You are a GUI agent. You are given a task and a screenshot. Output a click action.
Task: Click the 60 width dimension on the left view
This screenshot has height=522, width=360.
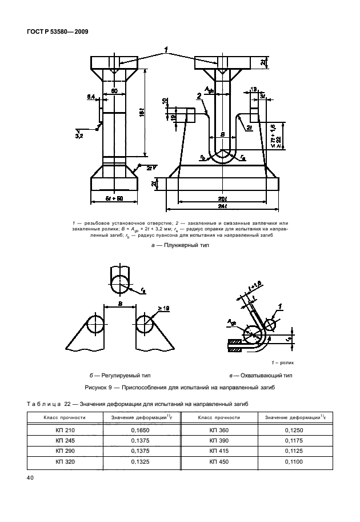pos(114,90)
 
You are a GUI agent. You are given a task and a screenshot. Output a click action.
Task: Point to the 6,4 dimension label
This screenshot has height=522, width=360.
pos(91,98)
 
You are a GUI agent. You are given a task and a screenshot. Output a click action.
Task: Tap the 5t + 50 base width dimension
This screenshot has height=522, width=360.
pos(115,198)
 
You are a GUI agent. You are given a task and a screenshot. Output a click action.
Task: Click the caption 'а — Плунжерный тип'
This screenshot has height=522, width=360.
pos(179,245)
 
